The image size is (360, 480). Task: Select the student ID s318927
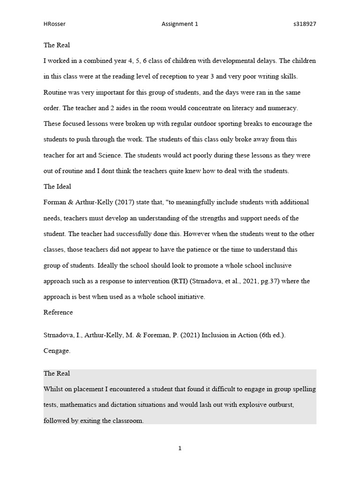pyautogui.click(x=304, y=24)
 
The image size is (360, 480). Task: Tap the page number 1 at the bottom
pyautogui.click(x=180, y=448)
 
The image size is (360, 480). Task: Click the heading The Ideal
pyautogui.click(x=57, y=187)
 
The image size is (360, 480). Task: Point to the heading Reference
pyautogui.click(x=58, y=312)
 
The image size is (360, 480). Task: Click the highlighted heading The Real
pyautogui.click(x=57, y=374)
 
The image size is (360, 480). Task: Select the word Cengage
pyautogui.click(x=57, y=350)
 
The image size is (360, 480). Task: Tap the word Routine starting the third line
pyautogui.click(x=56, y=92)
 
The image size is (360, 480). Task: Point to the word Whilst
pyautogui.click(x=54, y=389)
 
